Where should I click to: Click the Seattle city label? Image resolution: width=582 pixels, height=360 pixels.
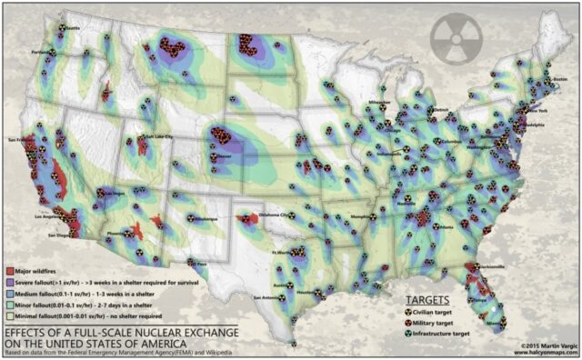click(x=73, y=27)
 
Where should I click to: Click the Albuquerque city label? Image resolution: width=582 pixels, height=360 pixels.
click(x=207, y=219)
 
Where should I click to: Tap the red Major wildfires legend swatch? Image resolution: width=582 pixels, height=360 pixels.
click(x=9, y=271)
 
